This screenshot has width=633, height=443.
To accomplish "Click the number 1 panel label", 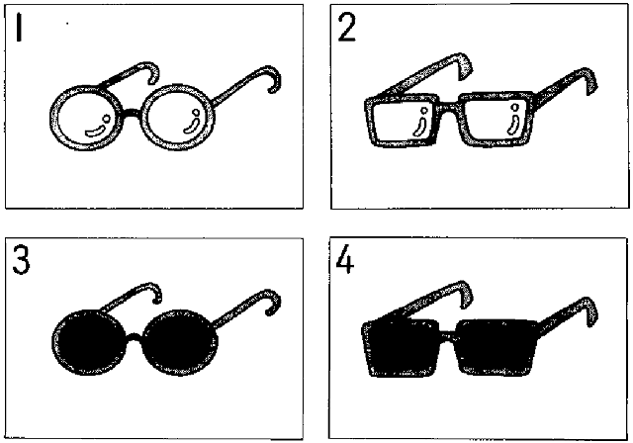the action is [19, 27].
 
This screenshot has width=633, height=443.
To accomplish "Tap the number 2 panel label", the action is [346, 27].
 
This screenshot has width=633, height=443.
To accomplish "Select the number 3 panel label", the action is [21, 260].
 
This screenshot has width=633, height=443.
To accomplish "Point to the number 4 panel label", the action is [345, 260].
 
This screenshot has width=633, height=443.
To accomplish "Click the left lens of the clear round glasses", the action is [86, 119].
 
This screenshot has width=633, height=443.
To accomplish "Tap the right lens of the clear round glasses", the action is [178, 118].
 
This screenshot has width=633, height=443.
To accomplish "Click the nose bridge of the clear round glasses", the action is [132, 114].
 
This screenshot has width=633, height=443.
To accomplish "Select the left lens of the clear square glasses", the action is [402, 121].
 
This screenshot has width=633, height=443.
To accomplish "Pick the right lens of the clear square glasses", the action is [497, 119].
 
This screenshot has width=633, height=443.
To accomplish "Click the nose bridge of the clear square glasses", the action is [449, 108].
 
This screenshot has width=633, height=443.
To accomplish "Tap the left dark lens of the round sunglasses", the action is [89, 342].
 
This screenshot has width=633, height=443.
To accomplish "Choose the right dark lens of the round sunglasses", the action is [180, 342].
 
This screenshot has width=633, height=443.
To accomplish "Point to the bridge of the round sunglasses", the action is [135, 338].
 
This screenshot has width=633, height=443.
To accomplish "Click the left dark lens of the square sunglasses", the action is [401, 348].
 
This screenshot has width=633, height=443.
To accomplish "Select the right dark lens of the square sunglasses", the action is [497, 347].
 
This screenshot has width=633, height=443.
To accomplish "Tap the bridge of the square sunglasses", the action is [447, 335].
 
